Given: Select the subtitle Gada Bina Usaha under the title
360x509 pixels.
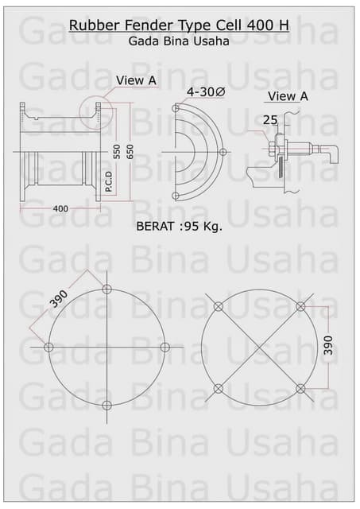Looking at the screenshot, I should pos(179,41).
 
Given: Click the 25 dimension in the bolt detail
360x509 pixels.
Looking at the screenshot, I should pos(270,119).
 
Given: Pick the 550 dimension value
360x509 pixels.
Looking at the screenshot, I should pos(117,152).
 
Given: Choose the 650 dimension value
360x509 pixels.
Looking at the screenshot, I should pos(130,152).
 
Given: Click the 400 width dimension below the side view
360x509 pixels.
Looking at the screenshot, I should pos(60,208).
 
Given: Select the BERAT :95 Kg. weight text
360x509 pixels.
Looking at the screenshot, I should pos(180,225).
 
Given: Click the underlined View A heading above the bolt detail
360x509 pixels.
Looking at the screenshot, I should pos(287,96).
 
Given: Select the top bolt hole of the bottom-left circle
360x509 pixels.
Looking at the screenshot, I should pos(107,288).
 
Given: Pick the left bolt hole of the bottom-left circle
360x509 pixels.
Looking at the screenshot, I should pos(49,347).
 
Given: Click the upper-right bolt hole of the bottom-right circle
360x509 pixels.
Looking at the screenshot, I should pos(300,306).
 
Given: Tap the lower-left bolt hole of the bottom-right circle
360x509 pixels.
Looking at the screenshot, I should pos(219,388).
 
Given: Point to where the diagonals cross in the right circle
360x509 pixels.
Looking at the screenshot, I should pos(259,348).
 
